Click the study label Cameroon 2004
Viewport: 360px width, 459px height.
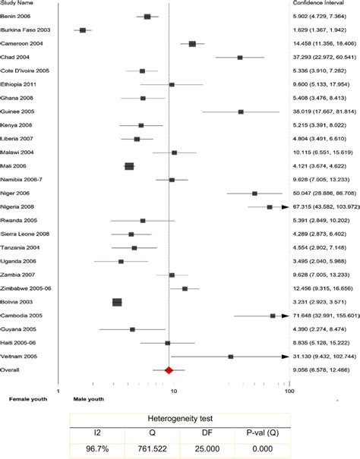30,43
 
